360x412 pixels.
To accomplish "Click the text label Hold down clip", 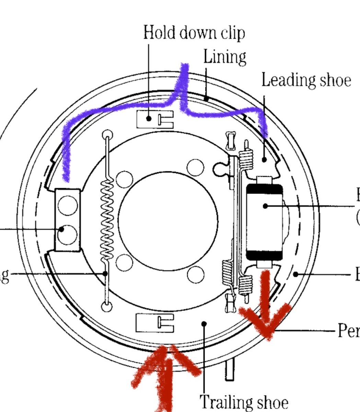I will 194,33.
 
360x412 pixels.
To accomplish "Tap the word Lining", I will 225,57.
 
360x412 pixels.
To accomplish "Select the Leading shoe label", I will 306,80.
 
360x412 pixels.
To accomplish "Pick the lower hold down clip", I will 154,323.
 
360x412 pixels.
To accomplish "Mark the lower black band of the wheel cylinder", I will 265,255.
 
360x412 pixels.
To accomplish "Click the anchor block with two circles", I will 68,220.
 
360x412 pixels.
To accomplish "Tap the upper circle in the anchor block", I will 68,206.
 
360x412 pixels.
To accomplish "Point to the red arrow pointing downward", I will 265,309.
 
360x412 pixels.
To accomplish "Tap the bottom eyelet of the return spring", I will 107,306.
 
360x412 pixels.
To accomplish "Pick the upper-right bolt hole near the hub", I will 195,167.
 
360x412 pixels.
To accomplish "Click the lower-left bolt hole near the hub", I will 124,263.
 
